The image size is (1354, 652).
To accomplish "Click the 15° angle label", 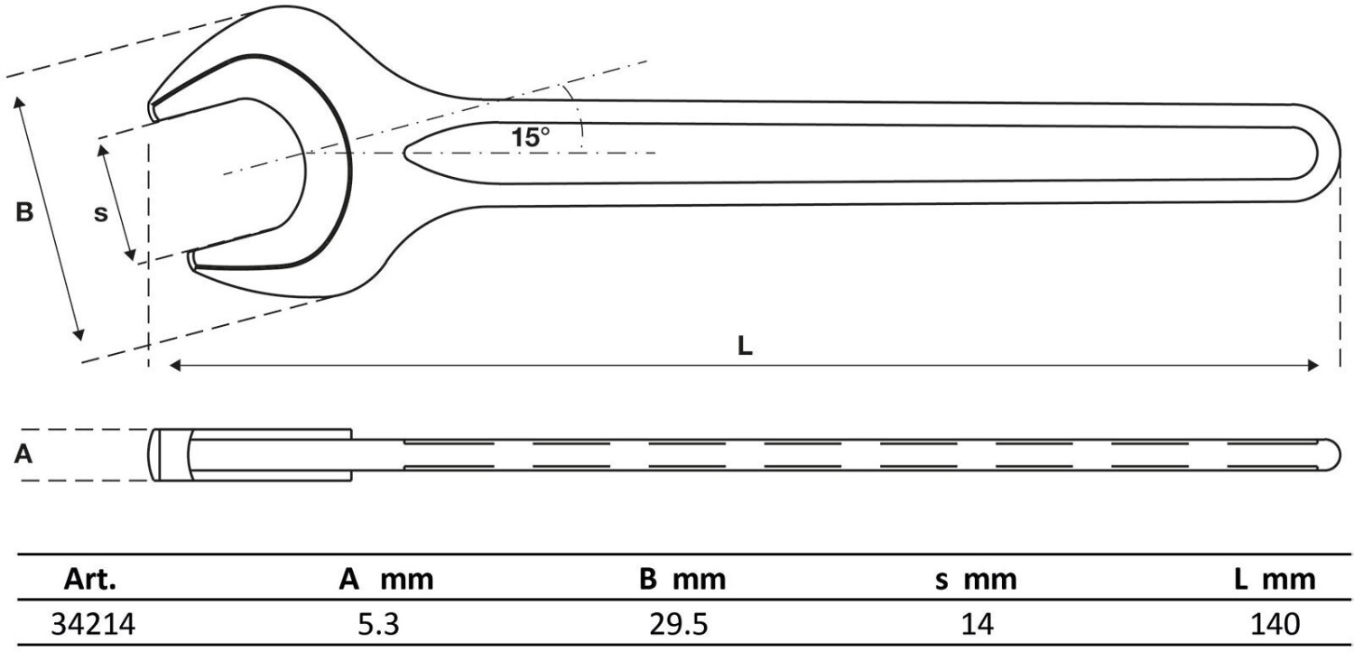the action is [530, 138].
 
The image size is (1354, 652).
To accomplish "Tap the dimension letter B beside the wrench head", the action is [24, 212].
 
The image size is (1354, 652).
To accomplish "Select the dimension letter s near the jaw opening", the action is [101, 213].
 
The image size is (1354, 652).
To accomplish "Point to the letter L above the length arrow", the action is [745, 346].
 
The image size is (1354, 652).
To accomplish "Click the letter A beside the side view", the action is [23, 453].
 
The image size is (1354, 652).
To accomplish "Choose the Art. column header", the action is [90, 580].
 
